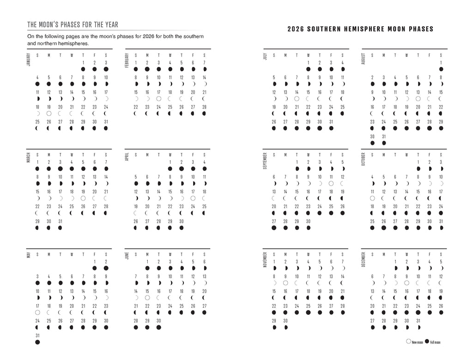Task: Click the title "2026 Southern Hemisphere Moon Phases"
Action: [x=360, y=29]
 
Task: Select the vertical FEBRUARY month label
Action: [x=126, y=60]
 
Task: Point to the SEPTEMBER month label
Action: [x=265, y=160]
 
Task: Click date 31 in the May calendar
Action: [x=37, y=336]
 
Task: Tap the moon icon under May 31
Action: [x=37, y=342]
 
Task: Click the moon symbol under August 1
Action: [x=441, y=69]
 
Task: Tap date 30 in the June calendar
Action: [x=158, y=320]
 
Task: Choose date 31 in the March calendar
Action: [x=60, y=221]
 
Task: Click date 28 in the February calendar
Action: [x=204, y=107]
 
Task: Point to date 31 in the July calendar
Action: [x=331, y=122]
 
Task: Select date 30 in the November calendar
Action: [x=285, y=320]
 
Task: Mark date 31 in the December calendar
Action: [x=418, y=320]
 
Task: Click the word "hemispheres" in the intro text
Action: [x=73, y=43]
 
